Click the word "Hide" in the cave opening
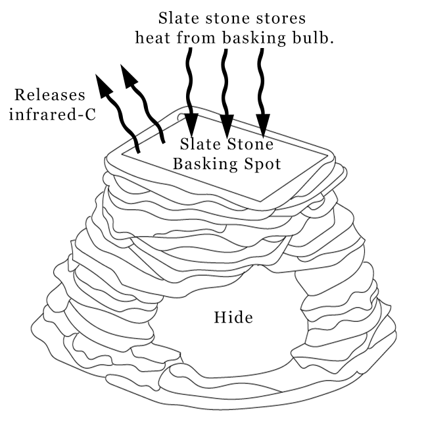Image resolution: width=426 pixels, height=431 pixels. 233,318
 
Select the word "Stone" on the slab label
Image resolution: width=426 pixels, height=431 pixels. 249,144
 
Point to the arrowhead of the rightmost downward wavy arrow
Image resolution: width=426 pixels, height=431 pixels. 263,124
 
